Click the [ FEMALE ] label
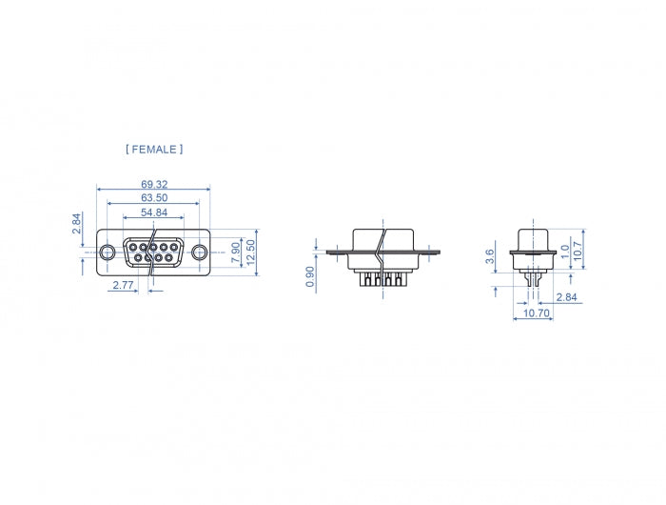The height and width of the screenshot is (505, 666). click(x=153, y=150)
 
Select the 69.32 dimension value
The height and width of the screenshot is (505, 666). click(x=154, y=183)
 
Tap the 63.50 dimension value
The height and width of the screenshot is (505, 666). click(x=154, y=197)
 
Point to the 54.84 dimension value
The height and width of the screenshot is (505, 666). click(x=154, y=212)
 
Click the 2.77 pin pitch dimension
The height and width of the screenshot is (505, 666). click(x=122, y=285)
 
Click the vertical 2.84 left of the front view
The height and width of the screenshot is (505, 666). click(x=77, y=225)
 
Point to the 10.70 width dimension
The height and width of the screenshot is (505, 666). click(x=537, y=313)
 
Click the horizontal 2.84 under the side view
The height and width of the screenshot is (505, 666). click(x=566, y=298)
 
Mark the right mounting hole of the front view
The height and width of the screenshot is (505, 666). click(x=198, y=252)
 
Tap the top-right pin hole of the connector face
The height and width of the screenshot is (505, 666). click(x=176, y=248)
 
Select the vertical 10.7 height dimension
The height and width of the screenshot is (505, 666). click(x=591, y=251)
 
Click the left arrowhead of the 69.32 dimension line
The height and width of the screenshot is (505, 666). click(x=99, y=190)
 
